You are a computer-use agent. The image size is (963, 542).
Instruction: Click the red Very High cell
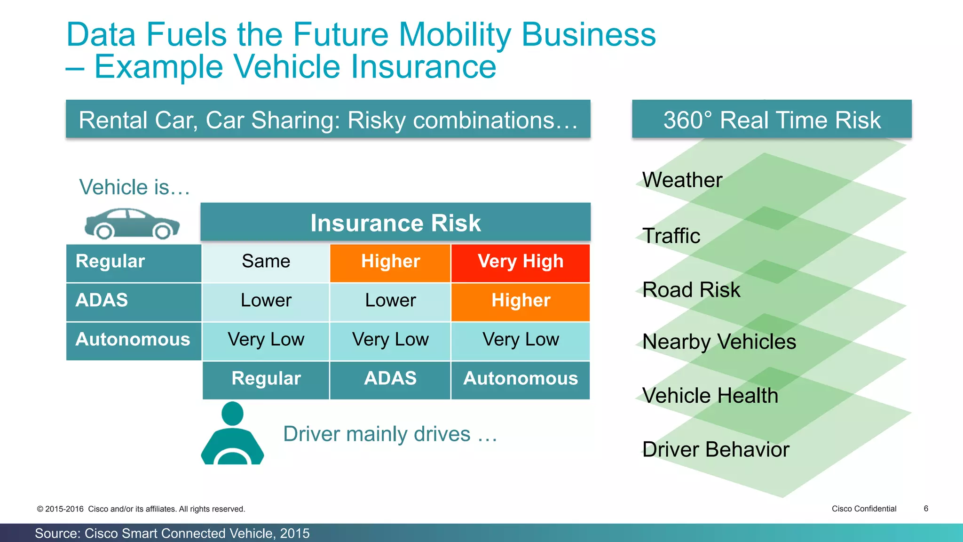(520, 262)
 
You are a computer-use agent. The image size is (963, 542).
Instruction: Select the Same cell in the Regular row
(266, 262)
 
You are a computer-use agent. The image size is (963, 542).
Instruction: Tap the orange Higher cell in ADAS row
(520, 301)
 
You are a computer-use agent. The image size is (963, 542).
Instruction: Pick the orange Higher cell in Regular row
(390, 262)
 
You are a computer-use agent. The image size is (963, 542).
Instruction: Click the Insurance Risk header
(395, 223)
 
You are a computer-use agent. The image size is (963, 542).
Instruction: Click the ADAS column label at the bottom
(390, 379)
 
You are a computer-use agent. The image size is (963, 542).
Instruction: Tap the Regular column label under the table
(266, 379)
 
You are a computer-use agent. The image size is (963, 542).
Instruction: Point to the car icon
(132, 224)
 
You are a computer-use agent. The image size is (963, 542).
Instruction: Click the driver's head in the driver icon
(232, 414)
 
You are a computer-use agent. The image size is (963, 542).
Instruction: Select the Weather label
(682, 180)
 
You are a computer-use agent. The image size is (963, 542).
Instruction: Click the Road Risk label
(691, 290)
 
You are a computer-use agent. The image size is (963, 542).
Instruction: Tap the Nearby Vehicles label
(719, 342)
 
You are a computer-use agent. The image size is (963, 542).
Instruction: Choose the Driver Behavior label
(715, 450)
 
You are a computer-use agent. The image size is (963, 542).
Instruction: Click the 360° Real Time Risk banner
(772, 120)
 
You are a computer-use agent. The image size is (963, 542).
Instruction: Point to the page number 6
(926, 509)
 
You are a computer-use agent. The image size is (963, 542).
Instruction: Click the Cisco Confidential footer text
(864, 509)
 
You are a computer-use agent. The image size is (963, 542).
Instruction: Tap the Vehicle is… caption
(134, 187)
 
